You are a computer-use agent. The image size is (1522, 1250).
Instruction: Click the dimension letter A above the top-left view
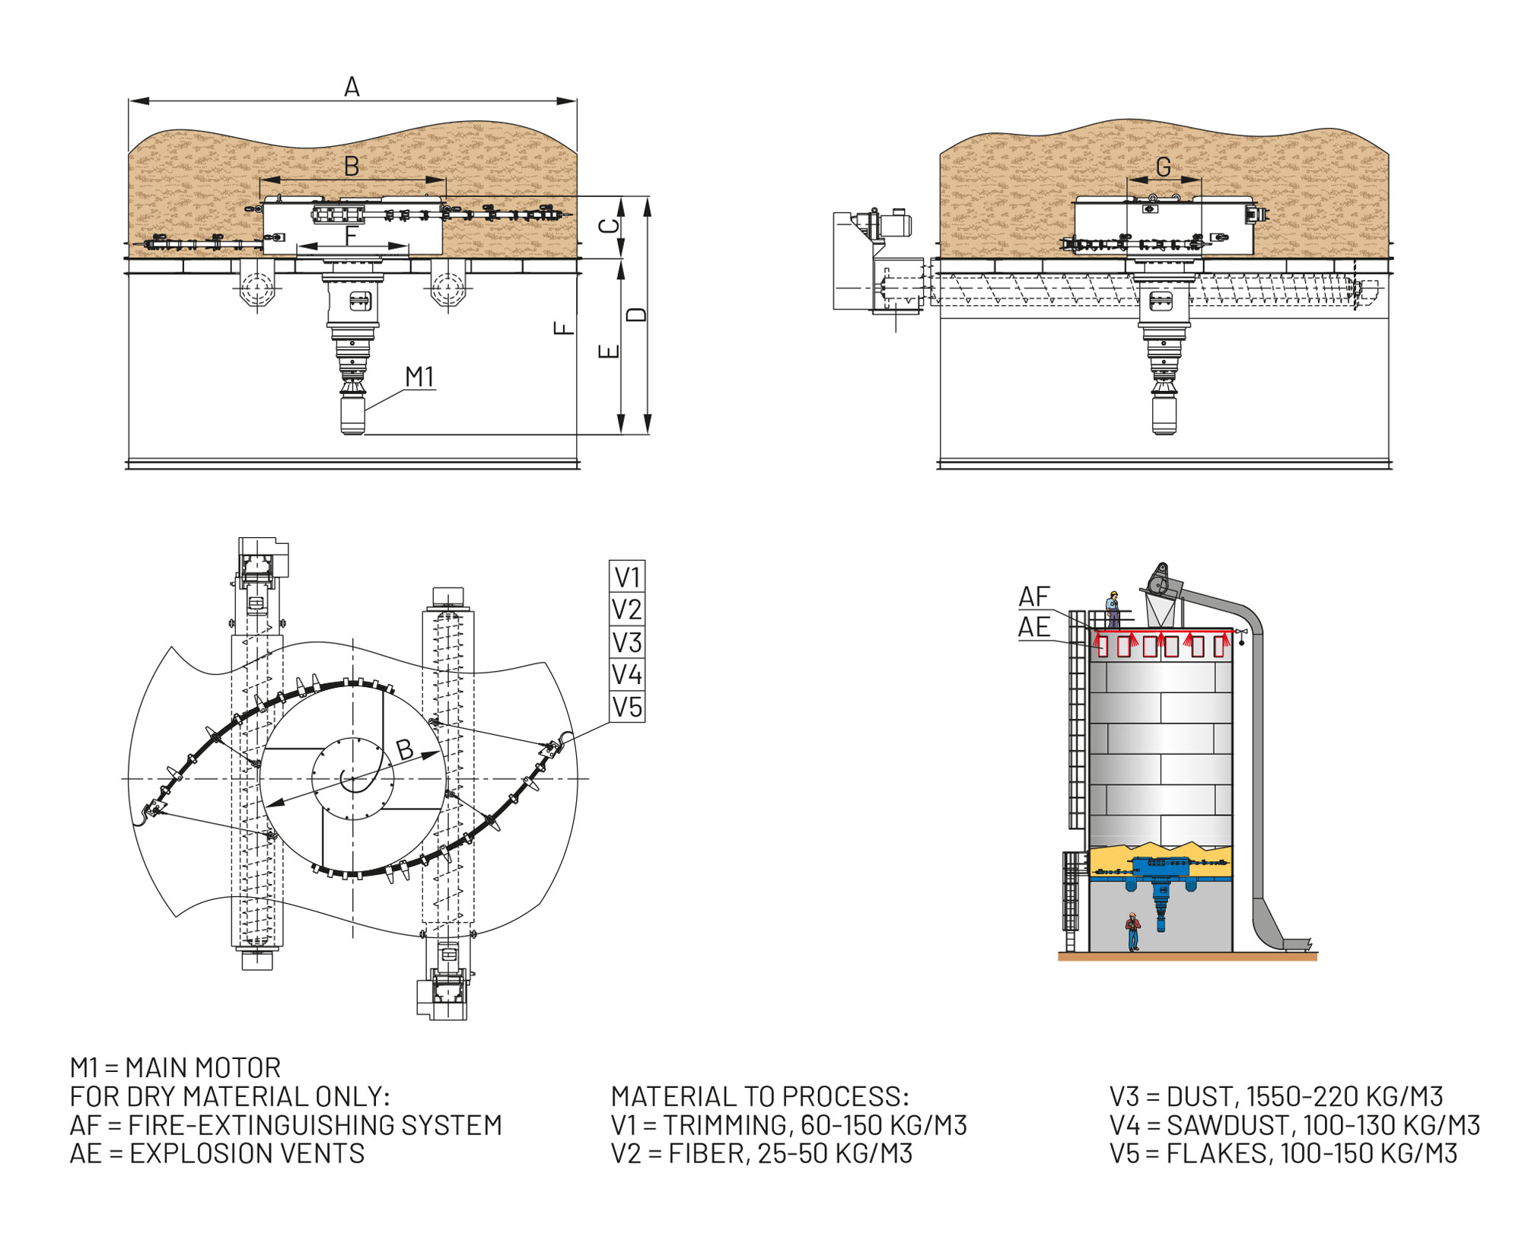pyautogui.click(x=352, y=87)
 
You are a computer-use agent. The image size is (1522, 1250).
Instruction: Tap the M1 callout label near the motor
pyautogui.click(x=419, y=377)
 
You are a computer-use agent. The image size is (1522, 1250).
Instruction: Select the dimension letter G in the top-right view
pyautogui.click(x=1163, y=167)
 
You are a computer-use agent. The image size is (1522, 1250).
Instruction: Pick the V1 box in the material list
pyautogui.click(x=627, y=577)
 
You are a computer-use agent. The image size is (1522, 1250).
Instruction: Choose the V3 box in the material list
pyautogui.click(x=627, y=642)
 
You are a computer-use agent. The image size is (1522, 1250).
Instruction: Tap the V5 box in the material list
pyautogui.click(x=627, y=707)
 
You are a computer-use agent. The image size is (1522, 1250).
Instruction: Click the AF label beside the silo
pyautogui.click(x=1034, y=596)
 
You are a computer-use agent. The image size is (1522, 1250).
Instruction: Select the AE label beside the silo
pyautogui.click(x=1034, y=628)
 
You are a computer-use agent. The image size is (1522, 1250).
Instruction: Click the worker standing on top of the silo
pyautogui.click(x=1113, y=609)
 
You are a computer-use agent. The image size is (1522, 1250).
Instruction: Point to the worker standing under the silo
pyautogui.click(x=1133, y=931)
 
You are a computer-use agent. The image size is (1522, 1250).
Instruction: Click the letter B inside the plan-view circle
pyautogui.click(x=405, y=749)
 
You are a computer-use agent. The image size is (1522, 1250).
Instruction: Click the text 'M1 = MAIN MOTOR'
pyautogui.click(x=175, y=1067)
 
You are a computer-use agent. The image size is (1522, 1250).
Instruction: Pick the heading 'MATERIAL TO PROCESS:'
pyautogui.click(x=759, y=1096)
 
